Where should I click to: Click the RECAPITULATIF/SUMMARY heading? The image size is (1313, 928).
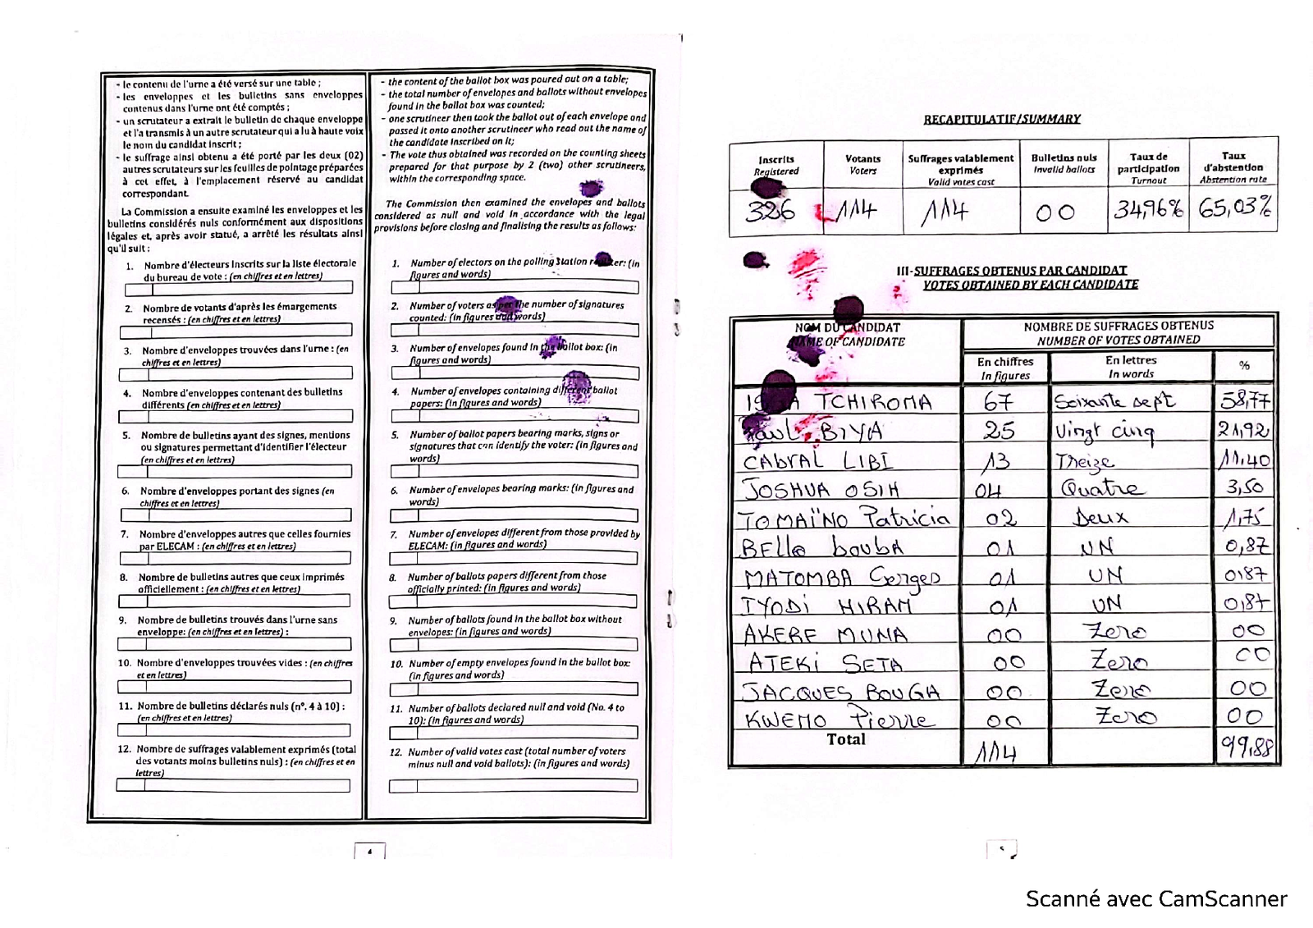(x=1002, y=119)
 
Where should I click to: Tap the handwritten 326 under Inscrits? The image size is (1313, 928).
(x=771, y=212)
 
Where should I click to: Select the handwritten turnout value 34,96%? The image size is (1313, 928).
(x=1148, y=209)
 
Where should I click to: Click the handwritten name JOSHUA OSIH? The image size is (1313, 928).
(x=821, y=490)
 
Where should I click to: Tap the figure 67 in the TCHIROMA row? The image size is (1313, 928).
(x=999, y=402)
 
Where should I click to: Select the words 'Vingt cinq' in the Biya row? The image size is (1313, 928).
(x=1105, y=432)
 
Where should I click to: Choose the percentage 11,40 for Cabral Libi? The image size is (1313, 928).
(x=1244, y=459)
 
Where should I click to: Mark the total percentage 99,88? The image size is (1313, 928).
(x=1246, y=748)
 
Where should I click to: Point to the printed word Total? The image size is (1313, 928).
(x=846, y=739)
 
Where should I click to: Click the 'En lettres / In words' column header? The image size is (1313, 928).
(x=1131, y=367)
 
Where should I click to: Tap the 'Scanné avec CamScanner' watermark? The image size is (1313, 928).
(x=1156, y=899)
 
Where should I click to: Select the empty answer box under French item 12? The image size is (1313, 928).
(x=233, y=785)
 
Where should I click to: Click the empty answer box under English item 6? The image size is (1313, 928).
(x=514, y=515)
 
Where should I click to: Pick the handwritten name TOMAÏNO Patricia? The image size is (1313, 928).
(x=845, y=519)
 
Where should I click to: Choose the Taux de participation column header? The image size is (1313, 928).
(x=1148, y=167)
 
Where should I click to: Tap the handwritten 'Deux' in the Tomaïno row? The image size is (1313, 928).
(x=1100, y=517)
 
